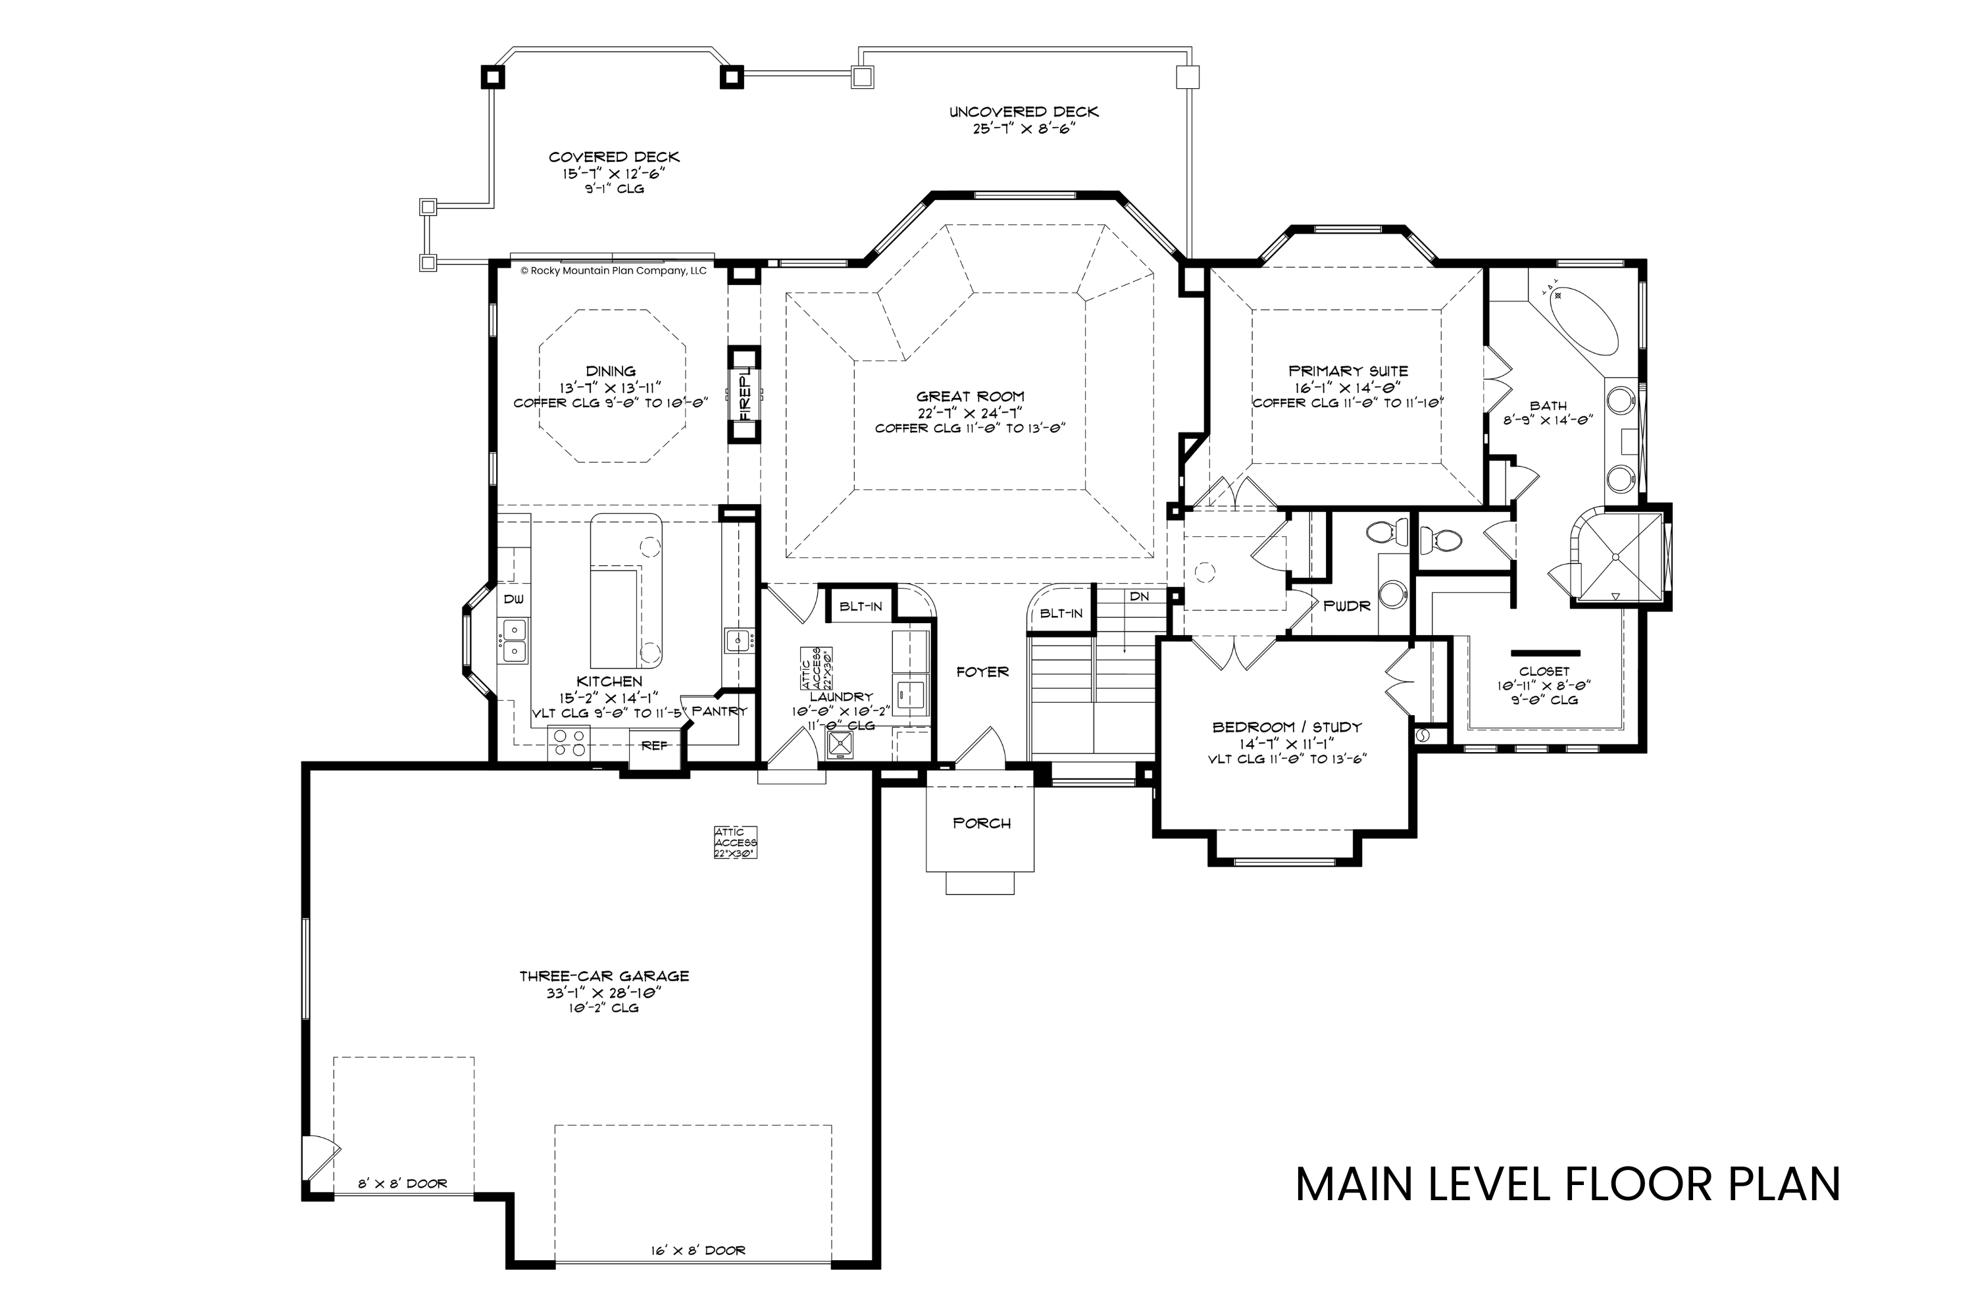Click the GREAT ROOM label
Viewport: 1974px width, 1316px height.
point(970,396)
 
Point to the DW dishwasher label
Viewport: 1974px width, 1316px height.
point(514,599)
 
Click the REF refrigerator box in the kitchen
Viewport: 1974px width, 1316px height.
point(655,744)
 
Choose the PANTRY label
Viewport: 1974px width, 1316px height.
point(719,711)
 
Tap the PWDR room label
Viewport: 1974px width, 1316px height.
point(1346,606)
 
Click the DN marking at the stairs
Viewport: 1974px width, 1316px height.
point(1139,597)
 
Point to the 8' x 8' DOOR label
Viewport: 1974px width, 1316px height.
point(403,1183)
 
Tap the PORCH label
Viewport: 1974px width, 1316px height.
point(981,823)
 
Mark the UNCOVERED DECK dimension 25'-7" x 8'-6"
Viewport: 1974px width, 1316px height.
point(1023,130)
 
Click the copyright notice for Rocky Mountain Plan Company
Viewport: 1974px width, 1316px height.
point(613,271)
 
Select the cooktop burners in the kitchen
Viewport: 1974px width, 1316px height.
point(570,743)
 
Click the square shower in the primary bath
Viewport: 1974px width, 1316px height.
point(1617,557)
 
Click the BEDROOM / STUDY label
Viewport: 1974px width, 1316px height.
point(1286,727)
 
